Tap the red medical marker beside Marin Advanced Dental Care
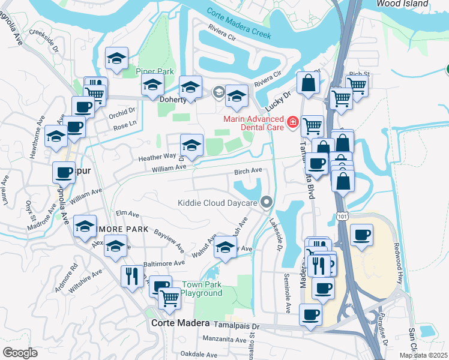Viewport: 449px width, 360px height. (293, 122)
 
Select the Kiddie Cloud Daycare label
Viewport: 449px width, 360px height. (217, 203)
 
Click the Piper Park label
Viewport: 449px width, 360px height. (154, 71)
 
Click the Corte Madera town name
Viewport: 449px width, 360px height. (172, 322)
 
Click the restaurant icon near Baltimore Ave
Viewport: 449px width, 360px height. (130, 275)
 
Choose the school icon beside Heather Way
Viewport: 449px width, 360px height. (191, 146)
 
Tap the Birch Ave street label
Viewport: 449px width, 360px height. (248, 171)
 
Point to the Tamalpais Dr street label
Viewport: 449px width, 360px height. (237, 323)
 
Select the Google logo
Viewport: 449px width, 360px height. (20, 352)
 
